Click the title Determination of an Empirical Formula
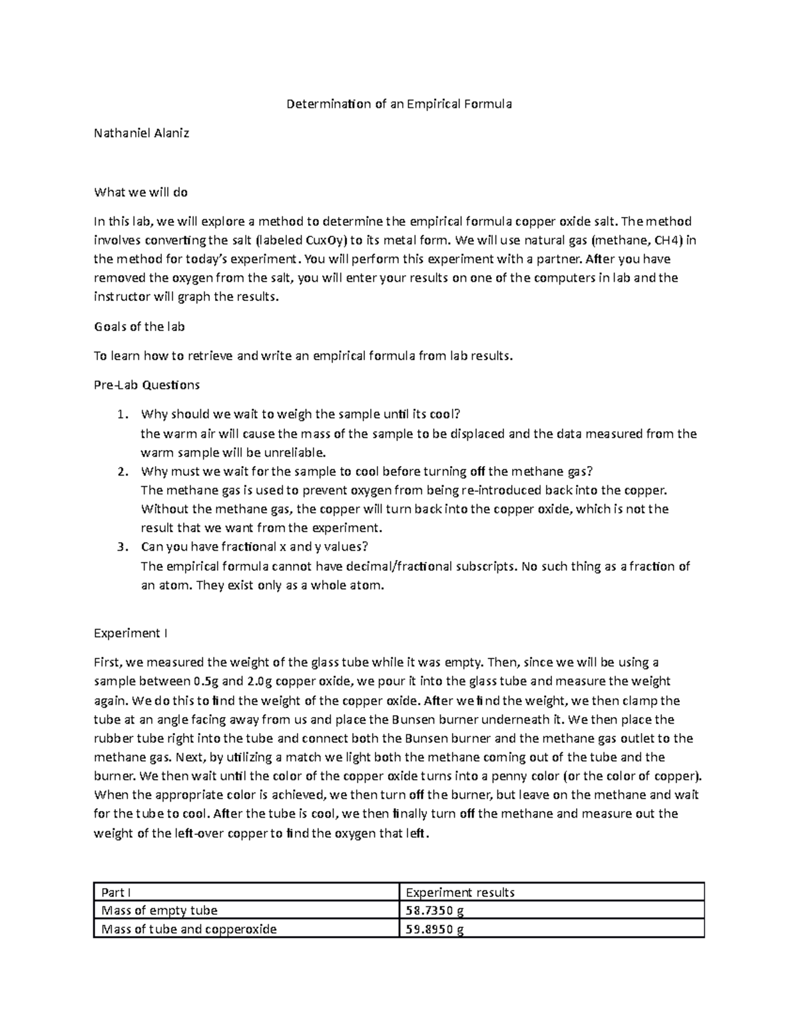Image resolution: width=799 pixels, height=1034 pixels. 399,104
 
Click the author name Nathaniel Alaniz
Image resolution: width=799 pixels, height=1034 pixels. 141,132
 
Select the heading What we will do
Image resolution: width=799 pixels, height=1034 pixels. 140,192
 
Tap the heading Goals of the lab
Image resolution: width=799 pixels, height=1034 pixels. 139,326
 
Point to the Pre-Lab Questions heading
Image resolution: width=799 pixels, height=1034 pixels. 146,385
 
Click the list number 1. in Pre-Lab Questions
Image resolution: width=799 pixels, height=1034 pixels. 121,414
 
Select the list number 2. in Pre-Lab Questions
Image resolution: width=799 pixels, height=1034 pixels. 121,471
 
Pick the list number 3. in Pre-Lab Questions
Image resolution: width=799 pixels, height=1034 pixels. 121,547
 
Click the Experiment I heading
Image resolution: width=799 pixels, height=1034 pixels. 131,633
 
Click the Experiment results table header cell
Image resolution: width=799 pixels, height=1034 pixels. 460,892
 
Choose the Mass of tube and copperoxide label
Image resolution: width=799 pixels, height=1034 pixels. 188,929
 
